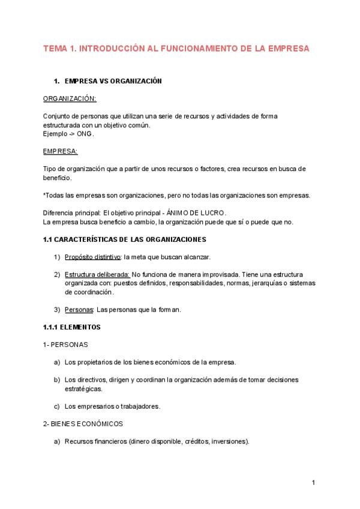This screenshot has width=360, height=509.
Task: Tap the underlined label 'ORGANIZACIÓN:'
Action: point(70,98)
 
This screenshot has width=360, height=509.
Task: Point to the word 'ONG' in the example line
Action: point(85,134)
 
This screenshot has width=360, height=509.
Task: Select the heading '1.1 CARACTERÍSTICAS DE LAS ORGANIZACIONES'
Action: point(124,239)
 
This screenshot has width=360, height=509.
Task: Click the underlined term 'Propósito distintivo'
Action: point(92,257)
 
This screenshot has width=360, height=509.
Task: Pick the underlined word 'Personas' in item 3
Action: point(79,310)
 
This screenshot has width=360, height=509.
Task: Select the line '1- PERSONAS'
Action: point(65,345)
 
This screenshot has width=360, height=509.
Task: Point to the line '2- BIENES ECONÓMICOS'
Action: point(83,424)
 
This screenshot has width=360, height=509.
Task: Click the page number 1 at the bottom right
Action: point(313,483)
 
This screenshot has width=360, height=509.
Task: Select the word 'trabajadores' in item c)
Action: point(139,406)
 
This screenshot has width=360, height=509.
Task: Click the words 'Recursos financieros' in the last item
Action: point(94,442)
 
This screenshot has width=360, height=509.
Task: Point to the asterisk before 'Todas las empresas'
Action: point(44,196)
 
